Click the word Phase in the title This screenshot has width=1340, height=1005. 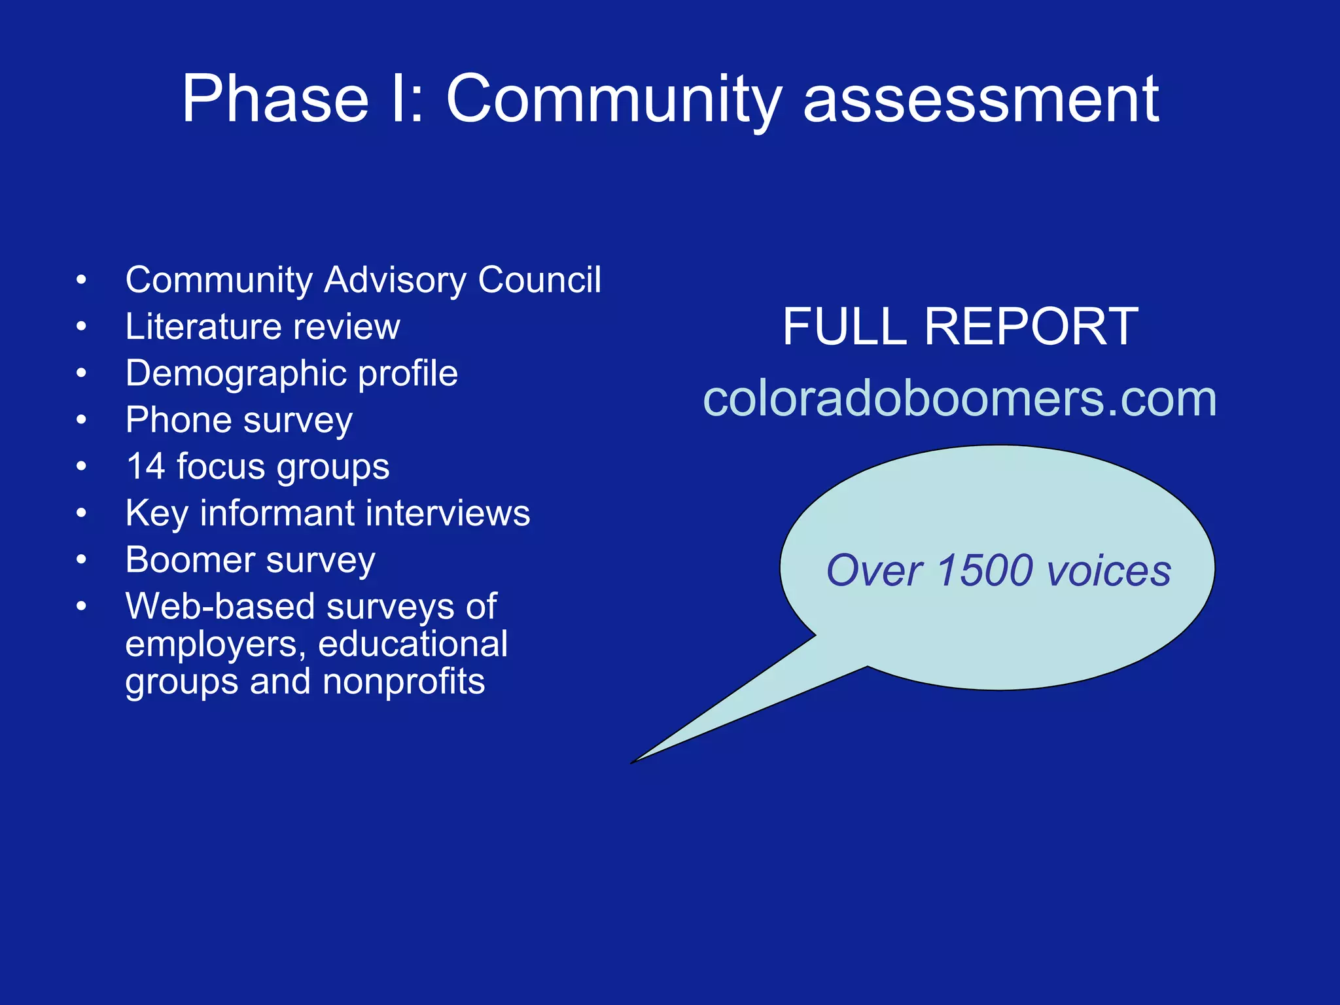tap(275, 99)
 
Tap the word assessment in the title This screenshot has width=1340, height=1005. tap(981, 99)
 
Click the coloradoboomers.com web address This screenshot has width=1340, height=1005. tap(960, 398)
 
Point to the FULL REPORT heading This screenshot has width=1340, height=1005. tap(960, 326)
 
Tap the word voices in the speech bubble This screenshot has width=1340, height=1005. tap(1108, 571)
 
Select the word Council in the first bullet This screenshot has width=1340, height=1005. tap(539, 280)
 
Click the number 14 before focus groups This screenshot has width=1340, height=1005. tap(145, 467)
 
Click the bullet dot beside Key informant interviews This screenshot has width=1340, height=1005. tap(81, 514)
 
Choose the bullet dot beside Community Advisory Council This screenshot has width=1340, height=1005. tap(81, 281)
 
